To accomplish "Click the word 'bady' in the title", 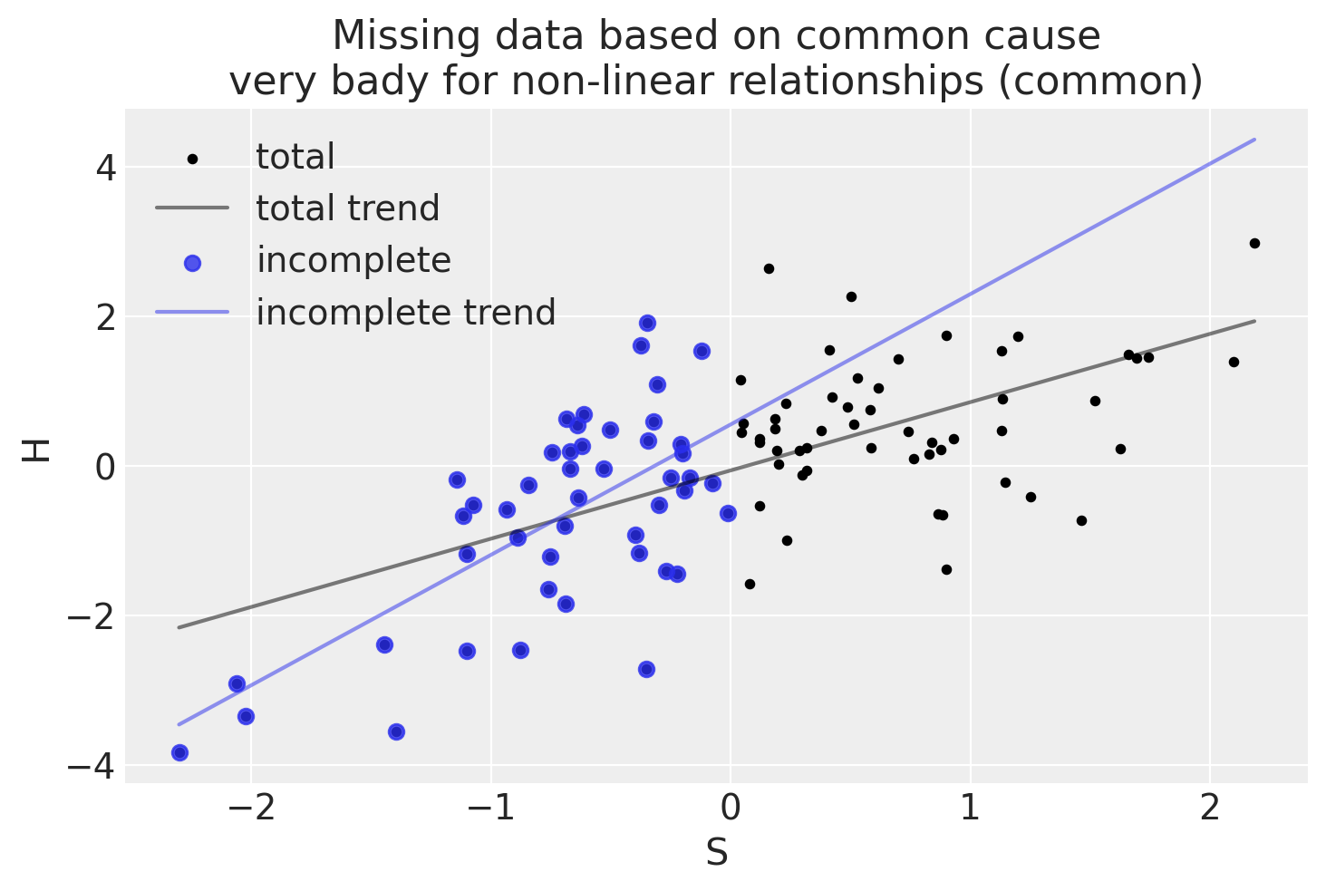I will pos(455,82).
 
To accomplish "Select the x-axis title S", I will pos(716,853).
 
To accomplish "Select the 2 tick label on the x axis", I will pos(1210,809).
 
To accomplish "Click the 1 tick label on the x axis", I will pos(971,809).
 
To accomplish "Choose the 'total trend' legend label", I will pos(348,208).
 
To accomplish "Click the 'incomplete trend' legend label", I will pos(406,313).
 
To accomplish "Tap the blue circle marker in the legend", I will pos(192,262).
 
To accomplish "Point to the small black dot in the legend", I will pos(192,159).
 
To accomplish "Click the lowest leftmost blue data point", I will pos(179,752).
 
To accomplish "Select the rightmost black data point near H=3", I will pos(1254,243).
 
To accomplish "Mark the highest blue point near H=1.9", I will pos(647,323).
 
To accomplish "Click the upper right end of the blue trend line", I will pos(1254,140).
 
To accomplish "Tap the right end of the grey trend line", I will pos(1254,321).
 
